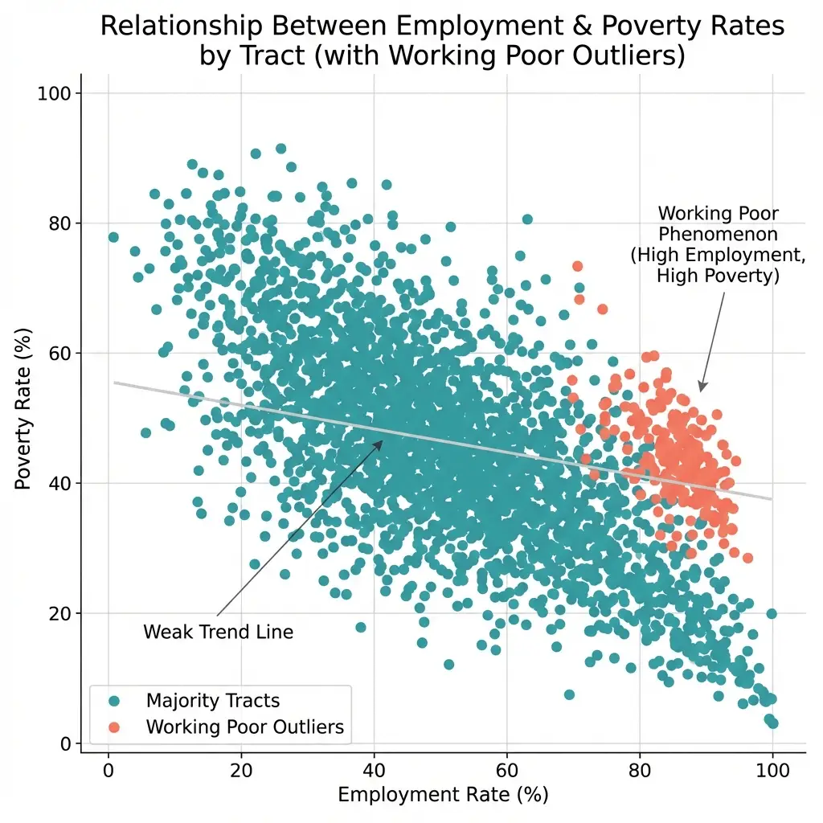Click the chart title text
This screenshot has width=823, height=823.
(442, 41)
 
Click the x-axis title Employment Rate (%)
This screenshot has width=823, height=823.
(442, 795)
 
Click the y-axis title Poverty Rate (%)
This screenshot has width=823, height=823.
(24, 418)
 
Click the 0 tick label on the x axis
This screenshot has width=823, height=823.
(109, 768)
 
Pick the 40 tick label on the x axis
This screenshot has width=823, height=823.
(374, 768)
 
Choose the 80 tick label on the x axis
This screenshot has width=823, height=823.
(639, 768)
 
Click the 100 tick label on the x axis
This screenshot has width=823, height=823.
(772, 768)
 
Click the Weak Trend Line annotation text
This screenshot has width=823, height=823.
(218, 633)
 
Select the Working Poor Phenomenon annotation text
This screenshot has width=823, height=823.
(718, 244)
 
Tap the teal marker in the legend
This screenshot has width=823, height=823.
(113, 702)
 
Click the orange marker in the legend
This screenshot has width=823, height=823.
(113, 727)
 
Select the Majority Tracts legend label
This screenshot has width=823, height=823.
(213, 702)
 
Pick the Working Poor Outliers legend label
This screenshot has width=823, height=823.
(245, 727)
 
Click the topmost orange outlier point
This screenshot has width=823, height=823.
(577, 266)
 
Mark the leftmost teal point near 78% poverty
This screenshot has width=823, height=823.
(113, 237)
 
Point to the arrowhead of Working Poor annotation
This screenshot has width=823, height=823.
(701, 390)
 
